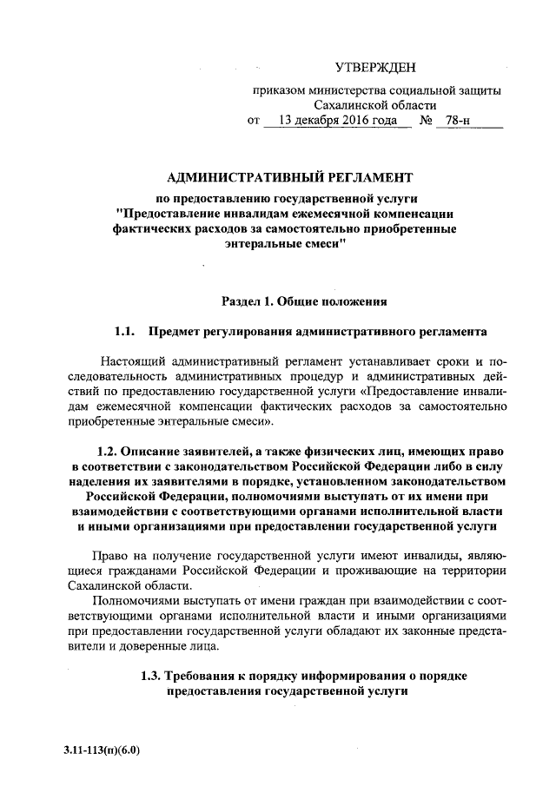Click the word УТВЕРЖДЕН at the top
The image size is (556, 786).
(375, 67)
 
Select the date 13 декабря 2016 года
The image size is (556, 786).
(335, 121)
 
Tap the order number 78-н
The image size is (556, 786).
(452, 121)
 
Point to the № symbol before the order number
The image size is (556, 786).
(426, 121)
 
